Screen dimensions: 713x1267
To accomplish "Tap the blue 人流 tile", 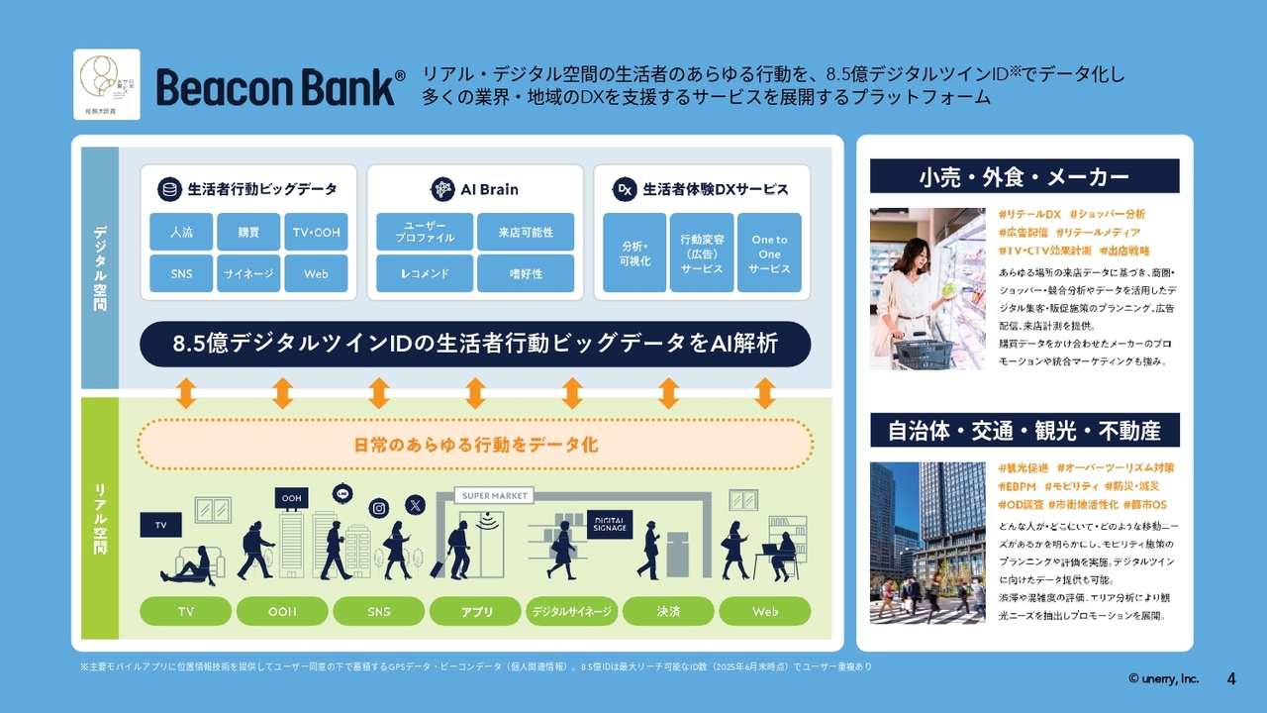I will click(x=181, y=232).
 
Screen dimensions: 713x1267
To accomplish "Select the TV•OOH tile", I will click(x=316, y=232).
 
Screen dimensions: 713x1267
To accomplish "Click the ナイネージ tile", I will click(x=248, y=273).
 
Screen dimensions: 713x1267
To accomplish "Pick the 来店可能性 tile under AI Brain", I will click(x=526, y=232).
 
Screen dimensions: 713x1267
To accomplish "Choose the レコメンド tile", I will click(x=425, y=273).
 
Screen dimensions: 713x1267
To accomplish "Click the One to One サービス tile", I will click(x=769, y=254).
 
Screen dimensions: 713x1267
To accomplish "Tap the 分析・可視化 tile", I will click(x=634, y=254).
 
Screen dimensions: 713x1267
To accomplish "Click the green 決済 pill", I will click(x=668, y=611).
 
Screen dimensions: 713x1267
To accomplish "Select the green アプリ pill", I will click(x=477, y=611).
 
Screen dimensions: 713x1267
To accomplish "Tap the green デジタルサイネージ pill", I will click(x=572, y=611).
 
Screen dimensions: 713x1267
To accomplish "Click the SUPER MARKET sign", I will click(x=494, y=495).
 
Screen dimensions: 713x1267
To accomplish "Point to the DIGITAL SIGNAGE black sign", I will click(x=610, y=523).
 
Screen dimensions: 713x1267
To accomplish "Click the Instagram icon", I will click(x=378, y=508).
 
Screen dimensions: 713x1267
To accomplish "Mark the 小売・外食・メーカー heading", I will click(x=1024, y=176).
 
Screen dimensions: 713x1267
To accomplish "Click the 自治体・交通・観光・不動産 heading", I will click(x=1024, y=431).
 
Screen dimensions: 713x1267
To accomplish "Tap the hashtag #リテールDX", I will click(x=1029, y=214).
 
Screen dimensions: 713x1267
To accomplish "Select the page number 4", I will click(x=1231, y=678).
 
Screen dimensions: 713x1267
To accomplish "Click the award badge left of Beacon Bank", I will click(x=107, y=84).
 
